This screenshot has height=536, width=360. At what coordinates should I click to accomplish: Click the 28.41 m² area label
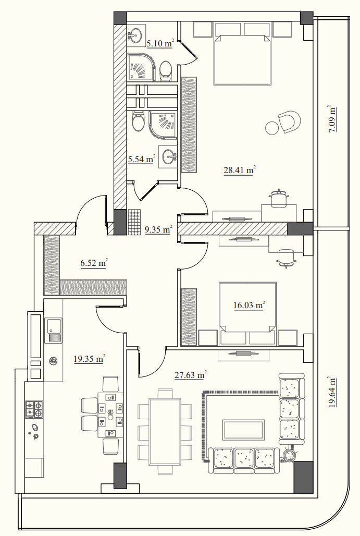click(x=240, y=170)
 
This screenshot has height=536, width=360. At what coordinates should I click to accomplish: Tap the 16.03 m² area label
click(x=250, y=305)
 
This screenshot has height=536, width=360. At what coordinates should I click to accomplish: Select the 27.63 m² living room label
click(x=191, y=375)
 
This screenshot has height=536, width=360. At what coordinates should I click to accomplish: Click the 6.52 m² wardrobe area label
click(x=94, y=263)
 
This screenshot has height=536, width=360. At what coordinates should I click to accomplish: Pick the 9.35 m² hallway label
click(x=158, y=229)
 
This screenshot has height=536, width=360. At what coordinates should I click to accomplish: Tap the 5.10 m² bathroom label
click(x=160, y=43)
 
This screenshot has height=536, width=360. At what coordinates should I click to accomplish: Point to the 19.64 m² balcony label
click(x=332, y=392)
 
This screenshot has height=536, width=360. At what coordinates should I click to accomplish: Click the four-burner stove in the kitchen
click(x=34, y=409)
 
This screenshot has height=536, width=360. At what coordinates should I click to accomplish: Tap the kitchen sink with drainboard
click(x=53, y=331)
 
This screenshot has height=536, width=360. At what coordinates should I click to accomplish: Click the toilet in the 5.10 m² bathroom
click(x=166, y=71)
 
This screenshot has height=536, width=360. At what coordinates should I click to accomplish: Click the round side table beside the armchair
click(x=272, y=128)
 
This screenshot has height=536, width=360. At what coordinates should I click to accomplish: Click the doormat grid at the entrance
click(x=134, y=222)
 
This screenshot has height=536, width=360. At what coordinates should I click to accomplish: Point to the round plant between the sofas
click(x=290, y=455)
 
